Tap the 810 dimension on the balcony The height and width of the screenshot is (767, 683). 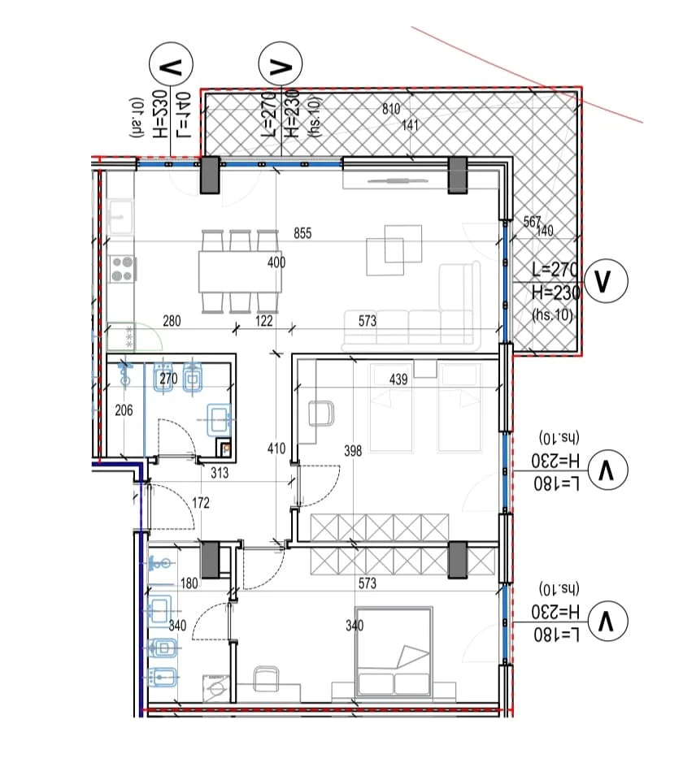tap(391, 109)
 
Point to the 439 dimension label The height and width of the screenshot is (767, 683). tap(398, 379)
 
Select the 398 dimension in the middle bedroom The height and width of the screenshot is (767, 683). tap(352, 451)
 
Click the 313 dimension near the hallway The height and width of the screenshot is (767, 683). tap(219, 474)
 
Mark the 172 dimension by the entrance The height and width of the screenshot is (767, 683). tap(200, 504)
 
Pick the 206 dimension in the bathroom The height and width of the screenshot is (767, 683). tap(123, 411)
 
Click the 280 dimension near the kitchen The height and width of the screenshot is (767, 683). tap(171, 322)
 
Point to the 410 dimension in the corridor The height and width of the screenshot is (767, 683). tap(276, 448)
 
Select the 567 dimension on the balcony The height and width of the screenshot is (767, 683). tap(532, 222)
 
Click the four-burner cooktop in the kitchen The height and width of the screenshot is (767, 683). tap(122, 268)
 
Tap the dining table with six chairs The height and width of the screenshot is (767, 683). tap(241, 271)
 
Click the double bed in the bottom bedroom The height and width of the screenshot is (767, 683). tap(394, 650)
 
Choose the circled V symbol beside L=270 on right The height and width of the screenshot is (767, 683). tap(605, 280)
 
